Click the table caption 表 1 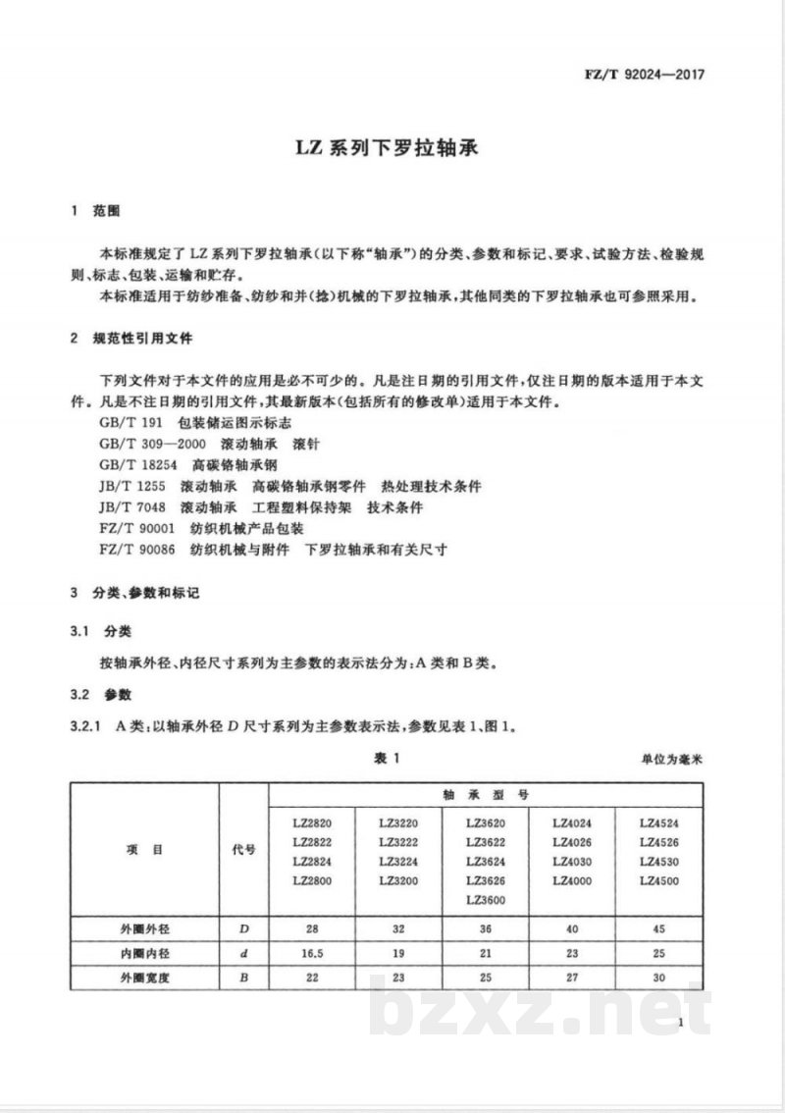point(390,757)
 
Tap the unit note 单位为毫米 point(674,759)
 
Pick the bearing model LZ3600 point(486,900)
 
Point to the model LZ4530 point(658,862)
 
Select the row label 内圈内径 point(144,953)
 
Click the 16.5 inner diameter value point(312,953)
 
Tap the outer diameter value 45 point(658,928)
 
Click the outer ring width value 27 point(572,978)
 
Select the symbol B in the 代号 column point(242,978)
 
